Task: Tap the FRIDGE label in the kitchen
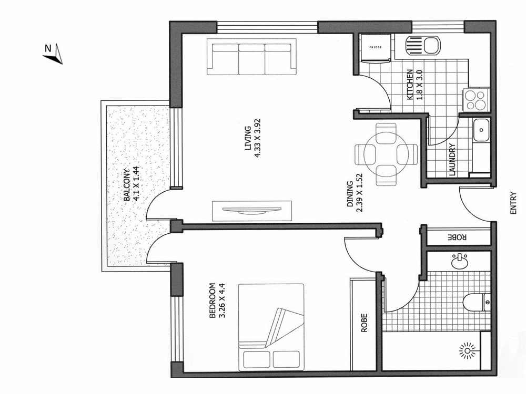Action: tap(375, 48)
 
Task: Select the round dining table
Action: tap(386, 154)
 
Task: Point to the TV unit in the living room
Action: tap(251, 211)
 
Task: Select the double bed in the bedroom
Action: tap(271, 326)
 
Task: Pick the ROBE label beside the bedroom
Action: tap(363, 324)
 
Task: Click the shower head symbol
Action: tap(466, 350)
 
